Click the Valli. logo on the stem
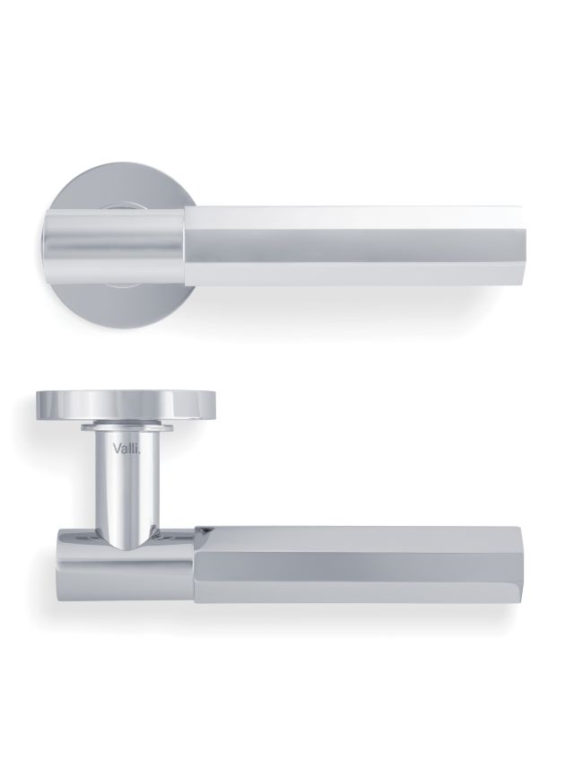click(126, 449)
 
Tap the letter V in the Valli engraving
click(117, 449)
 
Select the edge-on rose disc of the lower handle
click(127, 407)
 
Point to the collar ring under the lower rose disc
click(127, 426)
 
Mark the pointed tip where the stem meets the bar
click(126, 551)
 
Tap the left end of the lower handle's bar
click(57, 561)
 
